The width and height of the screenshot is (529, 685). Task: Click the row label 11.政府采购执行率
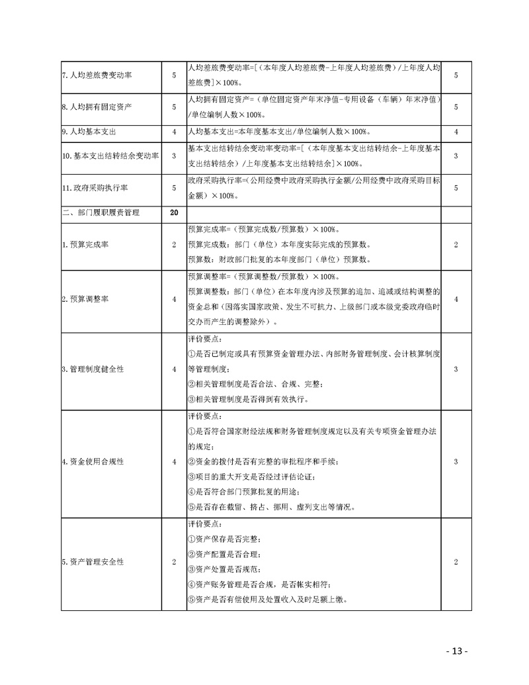pos(91,188)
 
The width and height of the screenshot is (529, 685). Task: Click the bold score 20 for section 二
pos(174,213)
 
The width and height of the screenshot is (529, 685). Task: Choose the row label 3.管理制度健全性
pos(92,369)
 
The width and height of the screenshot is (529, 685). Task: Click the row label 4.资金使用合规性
pos(92,461)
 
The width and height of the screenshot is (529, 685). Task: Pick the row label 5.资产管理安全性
pos(92,562)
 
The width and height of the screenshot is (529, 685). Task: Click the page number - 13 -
pos(456,651)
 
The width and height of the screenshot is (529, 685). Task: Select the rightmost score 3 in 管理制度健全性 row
pos(456,369)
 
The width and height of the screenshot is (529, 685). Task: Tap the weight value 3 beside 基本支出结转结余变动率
pos(174,156)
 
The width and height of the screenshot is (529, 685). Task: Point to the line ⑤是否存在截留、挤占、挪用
pos(271,508)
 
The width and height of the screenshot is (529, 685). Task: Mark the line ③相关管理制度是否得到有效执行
pos(248,400)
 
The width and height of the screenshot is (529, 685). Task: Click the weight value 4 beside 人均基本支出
pos(174,132)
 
